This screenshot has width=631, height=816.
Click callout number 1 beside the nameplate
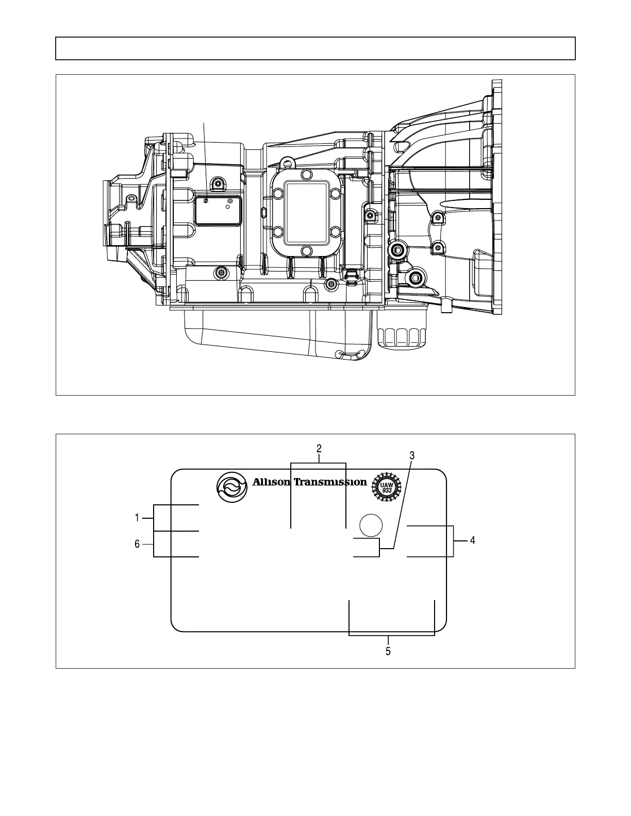[x=137, y=518]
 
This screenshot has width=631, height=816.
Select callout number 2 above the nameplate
[x=319, y=448]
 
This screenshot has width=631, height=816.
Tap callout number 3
[x=412, y=455]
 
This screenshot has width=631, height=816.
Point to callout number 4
[x=472, y=540]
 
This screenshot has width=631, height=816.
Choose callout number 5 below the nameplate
[x=388, y=652]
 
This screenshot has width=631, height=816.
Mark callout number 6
[x=137, y=544]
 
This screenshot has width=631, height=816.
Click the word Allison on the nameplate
[x=271, y=482]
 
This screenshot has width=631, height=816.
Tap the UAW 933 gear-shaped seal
[x=386, y=487]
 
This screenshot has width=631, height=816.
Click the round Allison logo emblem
[x=232, y=487]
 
